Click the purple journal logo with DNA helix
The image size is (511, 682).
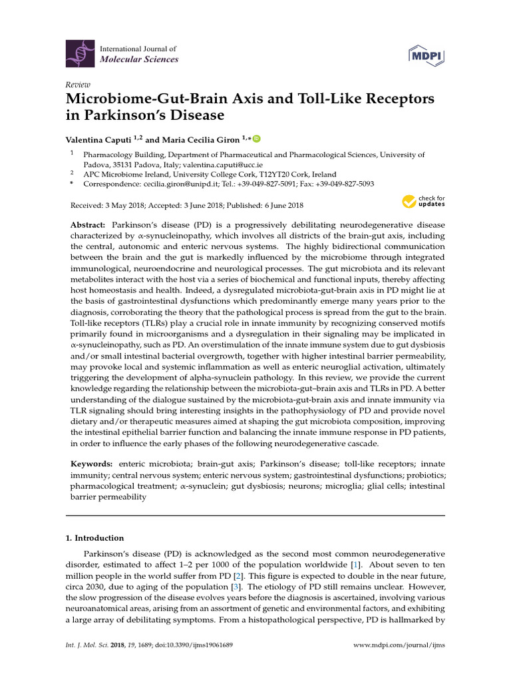80,53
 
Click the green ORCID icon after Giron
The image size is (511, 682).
257,139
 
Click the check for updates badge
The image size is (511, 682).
424,201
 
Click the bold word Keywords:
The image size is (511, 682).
91,463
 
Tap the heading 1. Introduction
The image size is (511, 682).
97,538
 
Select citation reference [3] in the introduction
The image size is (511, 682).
236,587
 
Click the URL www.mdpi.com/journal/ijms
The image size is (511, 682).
399,665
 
